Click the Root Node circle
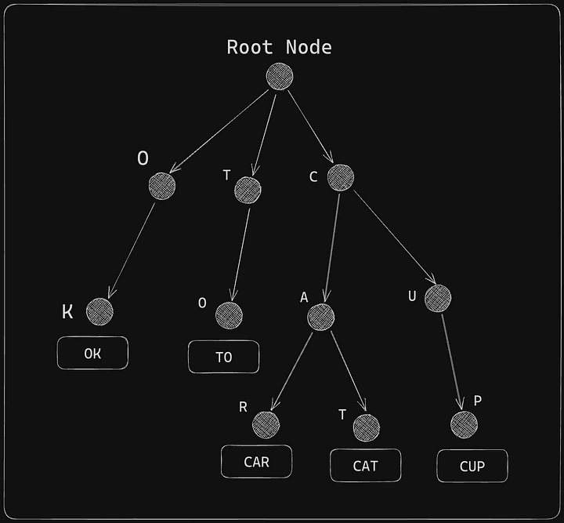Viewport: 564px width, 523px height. pos(280,76)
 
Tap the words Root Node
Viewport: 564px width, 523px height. pos(279,47)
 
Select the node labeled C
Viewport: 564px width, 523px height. pos(341,177)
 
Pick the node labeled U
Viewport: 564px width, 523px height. pos(438,297)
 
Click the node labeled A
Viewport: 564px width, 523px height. pos(321,317)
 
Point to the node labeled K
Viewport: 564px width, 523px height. pos(99,311)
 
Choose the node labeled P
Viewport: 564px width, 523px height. pos(464,425)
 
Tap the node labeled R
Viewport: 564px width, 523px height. pos(266,425)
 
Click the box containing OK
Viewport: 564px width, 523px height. pos(92,354)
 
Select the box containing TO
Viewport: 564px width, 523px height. pos(223,357)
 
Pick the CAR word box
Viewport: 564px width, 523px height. pos(256,461)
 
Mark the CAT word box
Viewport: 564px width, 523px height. pos(365,466)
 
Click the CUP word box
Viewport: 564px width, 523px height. pos(472,466)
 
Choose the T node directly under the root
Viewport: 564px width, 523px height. pos(248,189)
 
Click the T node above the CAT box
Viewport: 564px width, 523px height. pos(366,427)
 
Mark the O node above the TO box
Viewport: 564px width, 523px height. pos(229,315)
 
